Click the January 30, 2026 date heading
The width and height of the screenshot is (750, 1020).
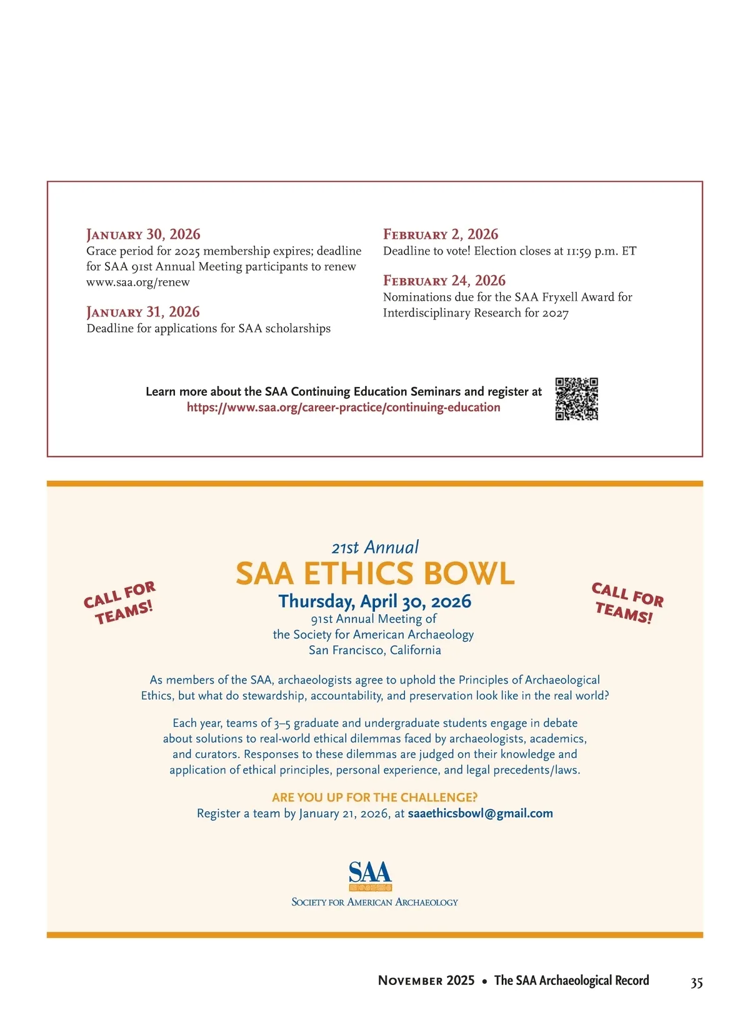[x=143, y=235]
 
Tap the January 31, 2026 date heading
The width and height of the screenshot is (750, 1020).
[x=143, y=312]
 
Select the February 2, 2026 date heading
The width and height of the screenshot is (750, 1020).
[x=441, y=235]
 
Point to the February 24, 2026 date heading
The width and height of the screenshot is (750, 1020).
[x=444, y=281]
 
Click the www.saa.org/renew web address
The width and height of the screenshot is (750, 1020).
[x=138, y=282]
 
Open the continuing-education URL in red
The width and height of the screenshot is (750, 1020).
[x=343, y=408]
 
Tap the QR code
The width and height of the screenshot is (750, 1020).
[x=576, y=399]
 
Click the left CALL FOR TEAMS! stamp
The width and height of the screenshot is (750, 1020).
[x=119, y=603]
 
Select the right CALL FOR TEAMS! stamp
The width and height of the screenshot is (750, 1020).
[x=627, y=603]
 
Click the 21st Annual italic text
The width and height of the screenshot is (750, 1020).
[x=375, y=548]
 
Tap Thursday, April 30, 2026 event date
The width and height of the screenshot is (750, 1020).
[x=375, y=602]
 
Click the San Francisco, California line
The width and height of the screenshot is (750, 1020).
[x=375, y=650]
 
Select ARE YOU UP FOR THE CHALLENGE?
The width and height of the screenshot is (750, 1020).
[x=375, y=797]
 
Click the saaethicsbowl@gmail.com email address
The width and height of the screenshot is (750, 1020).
[x=480, y=814]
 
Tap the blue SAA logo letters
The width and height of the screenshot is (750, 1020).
[x=370, y=872]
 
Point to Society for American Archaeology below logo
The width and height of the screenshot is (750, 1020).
[x=375, y=902]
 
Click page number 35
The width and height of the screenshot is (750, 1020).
[x=696, y=982]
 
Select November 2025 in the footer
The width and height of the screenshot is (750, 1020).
[x=426, y=981]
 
